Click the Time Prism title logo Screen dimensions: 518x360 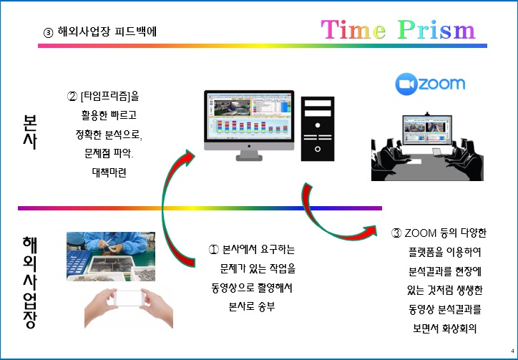(x=398, y=30)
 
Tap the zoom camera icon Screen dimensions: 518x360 (x=406, y=84)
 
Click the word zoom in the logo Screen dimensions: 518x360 (x=441, y=84)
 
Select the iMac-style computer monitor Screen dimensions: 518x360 (x=249, y=126)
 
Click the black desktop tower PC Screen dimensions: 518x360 (x=318, y=129)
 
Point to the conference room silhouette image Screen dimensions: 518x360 (x=427, y=147)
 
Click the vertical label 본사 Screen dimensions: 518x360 (x=30, y=132)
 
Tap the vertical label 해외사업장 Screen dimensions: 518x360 (x=30, y=282)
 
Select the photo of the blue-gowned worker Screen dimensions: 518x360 (x=111, y=256)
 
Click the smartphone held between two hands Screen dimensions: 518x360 (x=129, y=298)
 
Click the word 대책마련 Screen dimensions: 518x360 (x=109, y=173)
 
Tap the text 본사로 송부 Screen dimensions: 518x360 (x=252, y=307)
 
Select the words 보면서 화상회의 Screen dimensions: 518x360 (x=444, y=329)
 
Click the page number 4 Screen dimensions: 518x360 (x=512, y=351)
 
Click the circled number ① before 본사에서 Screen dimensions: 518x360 (x=214, y=250)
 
